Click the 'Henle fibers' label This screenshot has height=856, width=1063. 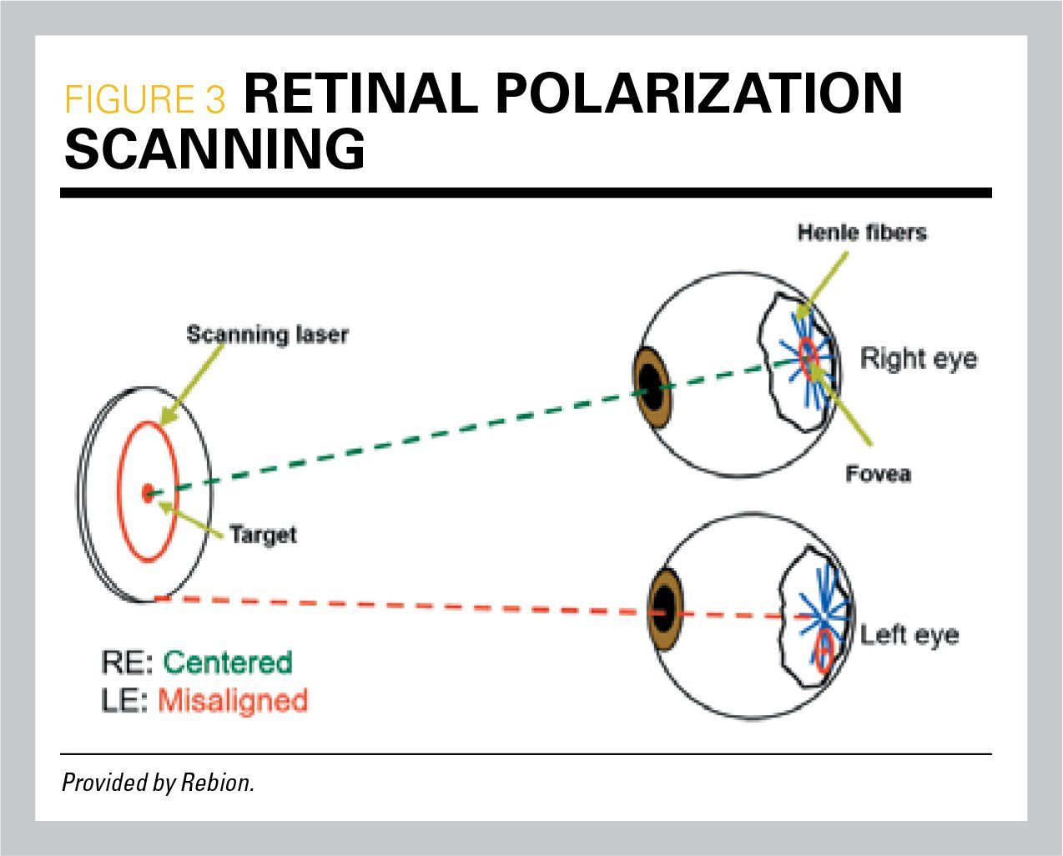pos(862,232)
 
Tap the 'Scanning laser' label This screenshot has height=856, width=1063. pos(267,335)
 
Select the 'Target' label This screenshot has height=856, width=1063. pos(263,534)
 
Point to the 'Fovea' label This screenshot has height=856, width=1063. pos(878,475)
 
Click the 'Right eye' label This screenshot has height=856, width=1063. pos(918,359)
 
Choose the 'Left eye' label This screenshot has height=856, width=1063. pos(909,635)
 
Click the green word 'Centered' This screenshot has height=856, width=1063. pos(228,662)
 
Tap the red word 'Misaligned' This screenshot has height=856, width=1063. pos(233,700)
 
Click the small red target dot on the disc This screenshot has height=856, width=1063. pos(149,493)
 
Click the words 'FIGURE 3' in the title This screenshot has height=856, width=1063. pos(145,99)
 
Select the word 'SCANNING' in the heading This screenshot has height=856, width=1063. pos(214,150)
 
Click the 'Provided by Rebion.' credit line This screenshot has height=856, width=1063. pos(158,783)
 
